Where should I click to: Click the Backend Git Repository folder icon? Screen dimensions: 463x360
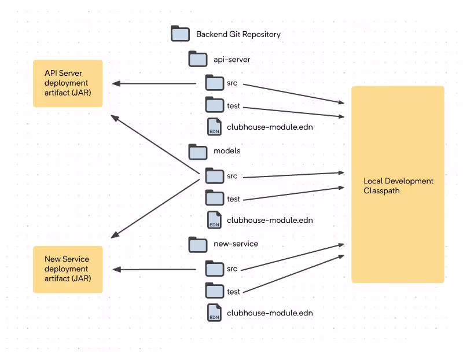180,34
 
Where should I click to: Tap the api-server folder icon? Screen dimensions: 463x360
198,59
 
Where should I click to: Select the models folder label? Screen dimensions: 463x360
227,150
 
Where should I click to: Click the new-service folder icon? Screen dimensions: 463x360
198,244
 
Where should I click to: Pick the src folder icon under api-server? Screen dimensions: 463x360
215,83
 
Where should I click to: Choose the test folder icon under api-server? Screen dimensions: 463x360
215,105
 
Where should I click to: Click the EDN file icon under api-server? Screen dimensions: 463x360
214,127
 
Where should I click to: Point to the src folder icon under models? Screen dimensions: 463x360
215,176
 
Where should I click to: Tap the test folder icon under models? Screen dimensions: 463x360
215,197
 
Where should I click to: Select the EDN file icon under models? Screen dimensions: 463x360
214,220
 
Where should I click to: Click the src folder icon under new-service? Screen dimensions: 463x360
215,269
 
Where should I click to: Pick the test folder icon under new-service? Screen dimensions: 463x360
215,291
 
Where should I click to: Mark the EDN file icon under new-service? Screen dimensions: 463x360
214,313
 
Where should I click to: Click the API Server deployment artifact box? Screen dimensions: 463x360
68,83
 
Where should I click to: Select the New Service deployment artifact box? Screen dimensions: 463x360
68,269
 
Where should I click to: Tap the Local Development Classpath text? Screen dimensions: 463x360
398,185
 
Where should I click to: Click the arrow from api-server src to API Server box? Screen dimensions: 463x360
154,83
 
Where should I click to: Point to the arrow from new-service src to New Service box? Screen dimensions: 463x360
155,269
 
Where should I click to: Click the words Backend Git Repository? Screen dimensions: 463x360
238,34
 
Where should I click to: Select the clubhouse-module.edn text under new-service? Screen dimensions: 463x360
270,313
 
